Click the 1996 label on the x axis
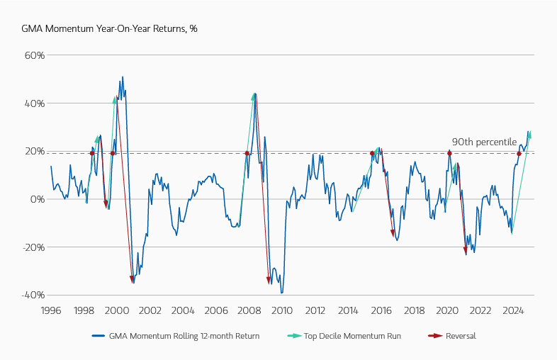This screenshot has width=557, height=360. coord(50,310)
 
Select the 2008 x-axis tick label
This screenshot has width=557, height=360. coord(249,310)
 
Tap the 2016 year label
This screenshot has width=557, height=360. coord(381,310)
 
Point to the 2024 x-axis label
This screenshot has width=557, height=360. coord(513,310)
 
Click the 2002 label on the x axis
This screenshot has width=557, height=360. coord(150,310)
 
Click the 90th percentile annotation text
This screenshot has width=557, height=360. coord(484,142)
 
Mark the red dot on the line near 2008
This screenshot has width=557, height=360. coord(247,153)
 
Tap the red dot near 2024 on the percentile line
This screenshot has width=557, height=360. coord(519,153)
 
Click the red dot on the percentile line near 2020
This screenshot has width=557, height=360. coord(449,153)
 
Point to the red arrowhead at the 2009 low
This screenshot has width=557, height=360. coord(269,281)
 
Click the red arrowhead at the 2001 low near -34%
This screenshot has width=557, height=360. coord(133,280)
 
